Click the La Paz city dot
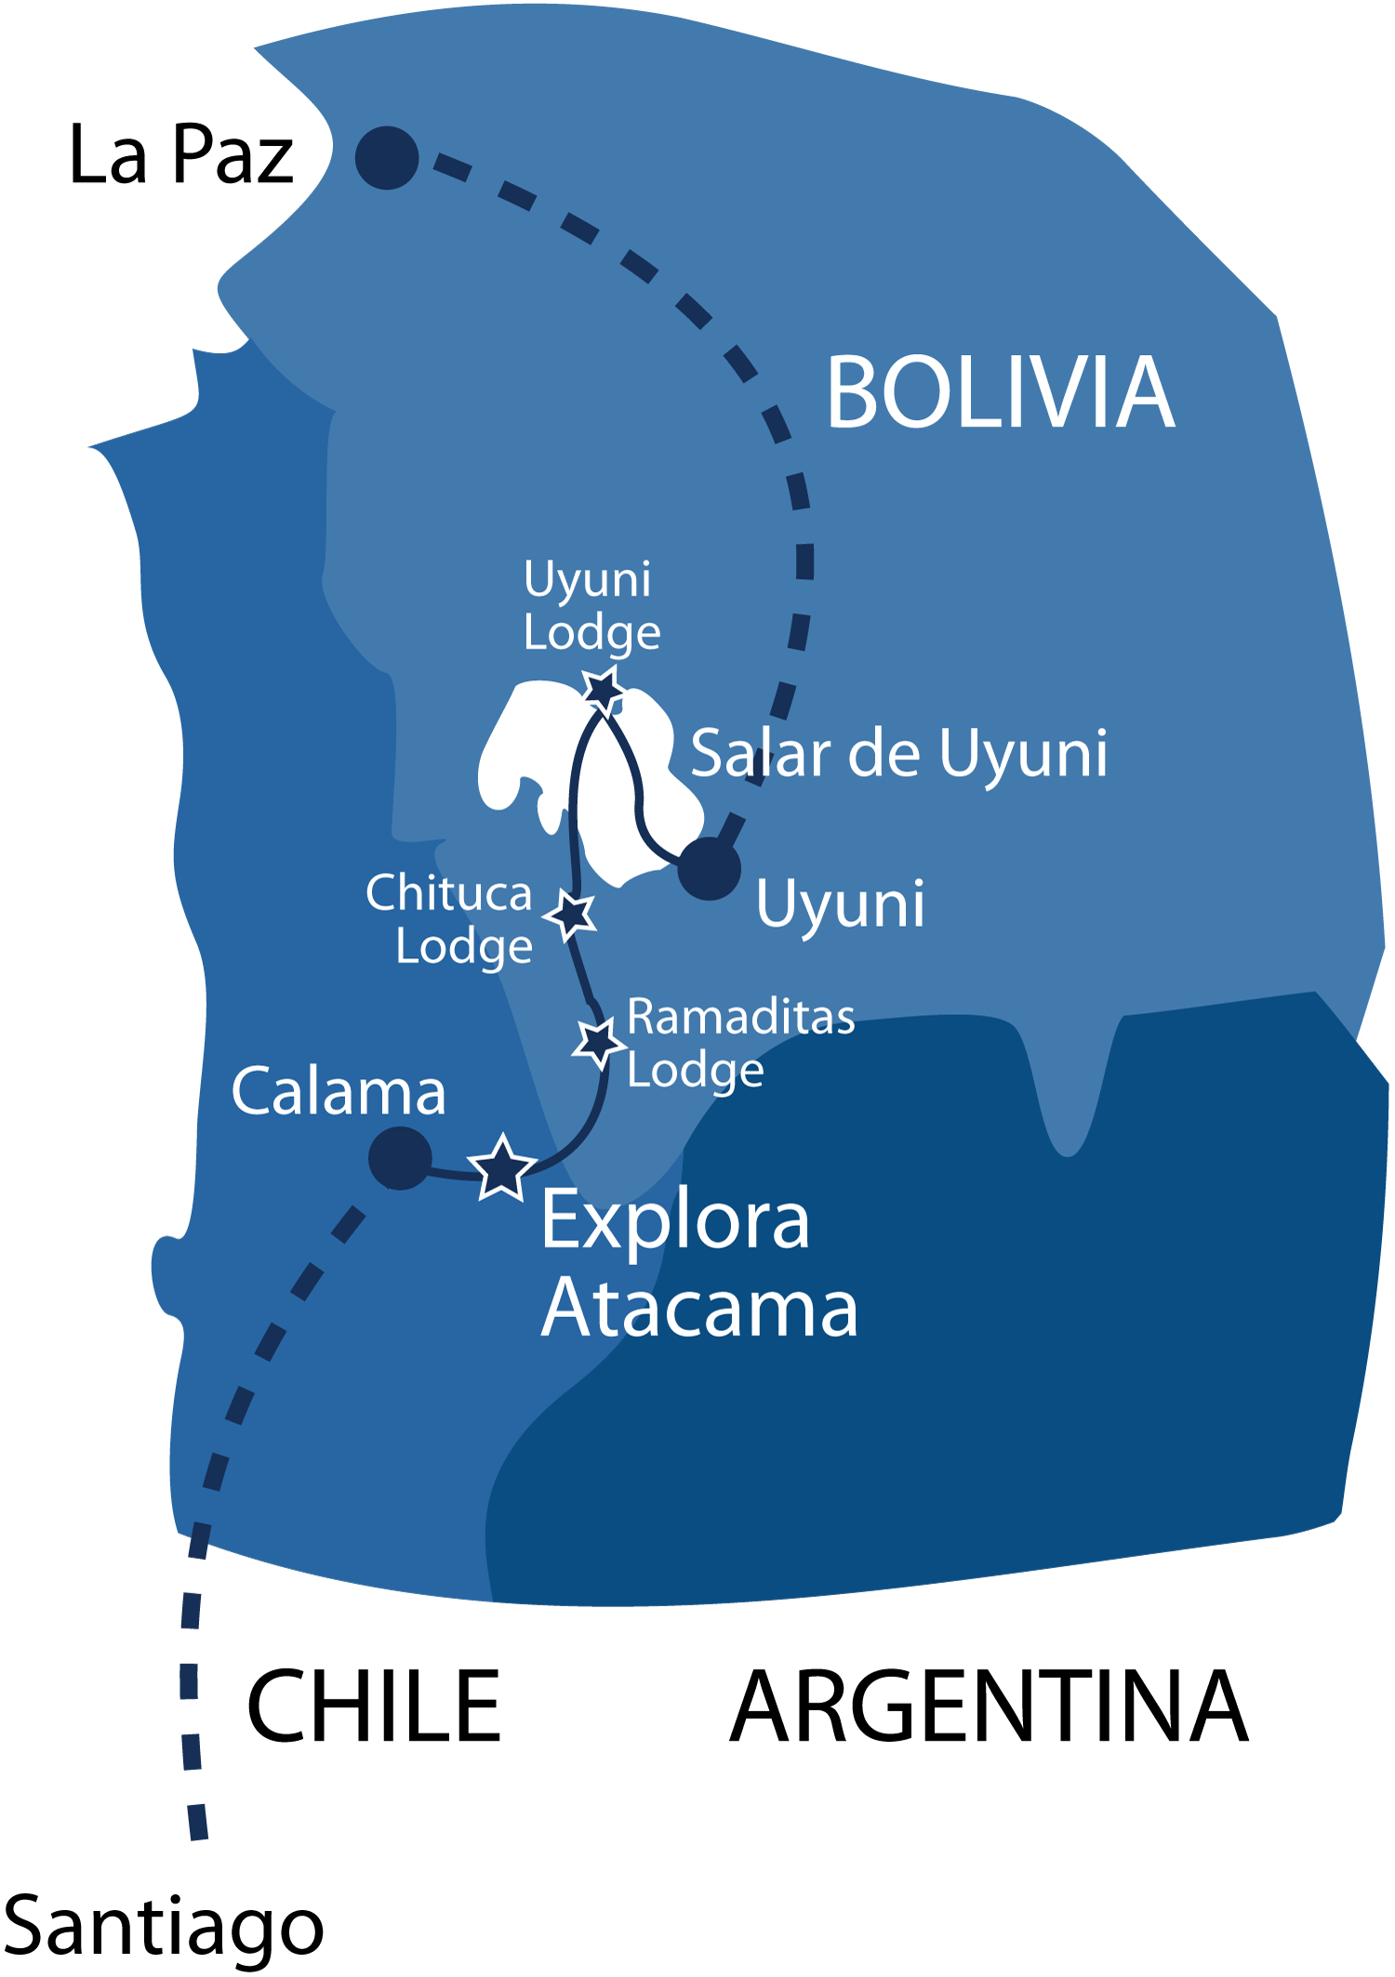point(387,158)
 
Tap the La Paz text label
point(181,155)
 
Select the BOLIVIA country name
point(1000,393)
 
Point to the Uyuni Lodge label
point(591,605)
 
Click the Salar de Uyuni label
point(898,753)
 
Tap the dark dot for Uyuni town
point(709,868)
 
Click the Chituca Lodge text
point(449,918)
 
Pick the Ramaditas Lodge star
point(597,1043)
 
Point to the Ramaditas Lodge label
point(740,1042)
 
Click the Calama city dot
point(400,1158)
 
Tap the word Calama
point(339,1091)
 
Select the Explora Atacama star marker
point(501,1168)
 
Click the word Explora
point(675,1221)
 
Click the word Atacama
point(699,1309)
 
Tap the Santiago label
point(164,1926)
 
